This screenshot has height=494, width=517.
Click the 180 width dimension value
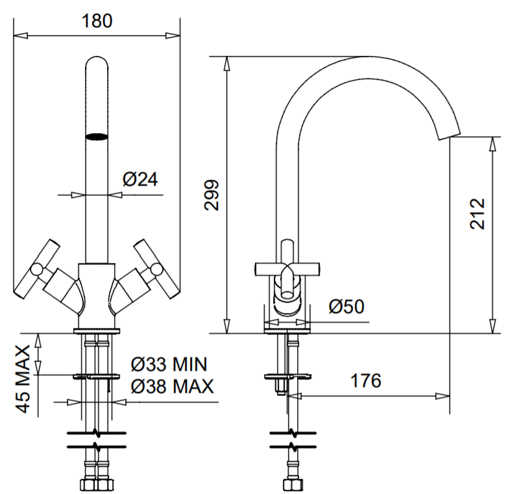[97, 20]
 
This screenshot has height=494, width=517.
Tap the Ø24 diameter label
[140, 179]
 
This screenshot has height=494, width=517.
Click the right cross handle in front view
[154, 268]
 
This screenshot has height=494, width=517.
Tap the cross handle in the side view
[287, 267]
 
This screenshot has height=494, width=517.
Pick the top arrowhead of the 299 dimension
[226, 62]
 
